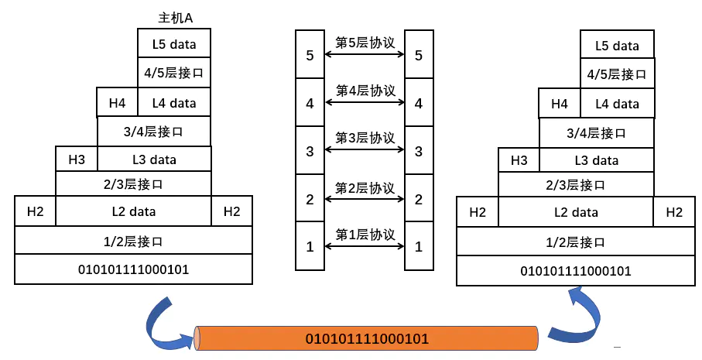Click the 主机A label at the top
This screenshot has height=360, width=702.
pos(175,17)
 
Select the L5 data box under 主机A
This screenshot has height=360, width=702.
pos(174,43)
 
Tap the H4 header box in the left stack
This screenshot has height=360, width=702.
pos(117,102)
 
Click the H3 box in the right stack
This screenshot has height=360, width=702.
pos(519,160)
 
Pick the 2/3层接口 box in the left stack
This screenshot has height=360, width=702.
pos(133,183)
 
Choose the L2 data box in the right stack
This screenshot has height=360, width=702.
pos(575,212)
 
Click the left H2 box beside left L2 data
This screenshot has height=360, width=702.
pos(35,211)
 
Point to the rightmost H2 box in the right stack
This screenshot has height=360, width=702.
pos(673,212)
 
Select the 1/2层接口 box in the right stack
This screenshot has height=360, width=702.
pos(575,242)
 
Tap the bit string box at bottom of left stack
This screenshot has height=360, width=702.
pos(133,269)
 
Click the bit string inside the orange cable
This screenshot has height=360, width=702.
pos(367,338)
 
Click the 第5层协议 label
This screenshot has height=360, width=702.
pos(365,42)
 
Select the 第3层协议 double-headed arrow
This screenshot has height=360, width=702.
pos(365,150)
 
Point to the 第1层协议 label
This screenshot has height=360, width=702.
pos(365,235)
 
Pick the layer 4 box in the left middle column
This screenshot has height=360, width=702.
pos(310,103)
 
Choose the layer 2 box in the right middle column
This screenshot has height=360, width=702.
pos(419,199)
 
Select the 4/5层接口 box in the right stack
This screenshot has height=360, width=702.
pos(617,74)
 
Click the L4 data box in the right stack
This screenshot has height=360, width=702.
pos(617,103)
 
